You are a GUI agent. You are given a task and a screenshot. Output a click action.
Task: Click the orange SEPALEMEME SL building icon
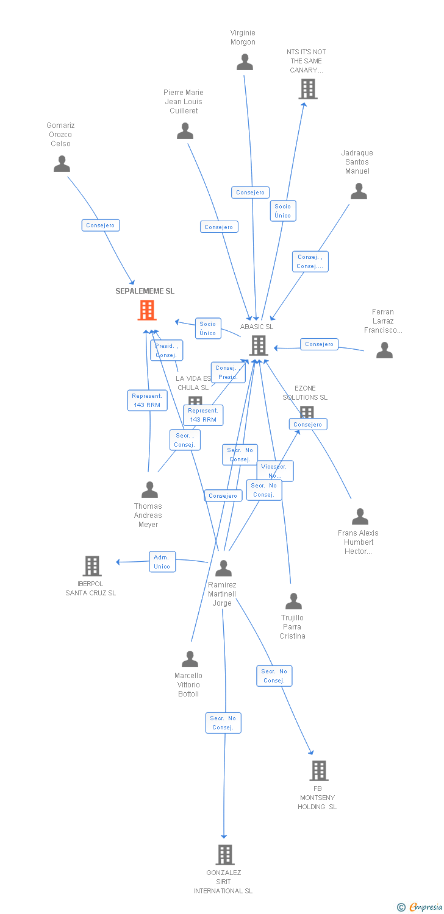(x=146, y=310)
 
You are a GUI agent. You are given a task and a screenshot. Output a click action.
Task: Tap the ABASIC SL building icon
(x=259, y=345)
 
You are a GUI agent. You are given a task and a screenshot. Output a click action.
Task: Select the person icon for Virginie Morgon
(x=245, y=62)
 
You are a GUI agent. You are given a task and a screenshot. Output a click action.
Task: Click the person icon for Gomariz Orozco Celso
(x=62, y=164)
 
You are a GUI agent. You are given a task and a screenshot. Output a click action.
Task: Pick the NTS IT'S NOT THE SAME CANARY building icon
(x=308, y=89)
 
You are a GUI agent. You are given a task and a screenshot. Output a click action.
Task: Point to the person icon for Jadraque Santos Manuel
(x=359, y=191)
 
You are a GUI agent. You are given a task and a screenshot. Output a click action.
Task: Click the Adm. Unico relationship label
(x=162, y=562)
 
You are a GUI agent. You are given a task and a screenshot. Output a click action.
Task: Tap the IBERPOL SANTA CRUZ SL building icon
(x=91, y=566)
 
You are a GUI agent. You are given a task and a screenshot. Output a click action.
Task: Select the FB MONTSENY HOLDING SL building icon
(x=318, y=771)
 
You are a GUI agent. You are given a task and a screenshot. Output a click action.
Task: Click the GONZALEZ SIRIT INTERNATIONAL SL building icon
(x=225, y=854)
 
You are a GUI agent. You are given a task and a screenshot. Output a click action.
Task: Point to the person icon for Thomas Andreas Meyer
(x=149, y=490)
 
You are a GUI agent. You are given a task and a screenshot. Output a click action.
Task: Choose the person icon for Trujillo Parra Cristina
(x=293, y=601)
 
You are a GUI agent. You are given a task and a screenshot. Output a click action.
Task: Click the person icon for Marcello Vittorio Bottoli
(x=190, y=659)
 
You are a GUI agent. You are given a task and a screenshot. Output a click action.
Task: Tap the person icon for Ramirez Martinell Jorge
(x=223, y=568)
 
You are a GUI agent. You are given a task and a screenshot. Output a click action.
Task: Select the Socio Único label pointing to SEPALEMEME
(x=208, y=328)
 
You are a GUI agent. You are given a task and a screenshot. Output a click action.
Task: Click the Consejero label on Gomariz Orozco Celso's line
(x=101, y=225)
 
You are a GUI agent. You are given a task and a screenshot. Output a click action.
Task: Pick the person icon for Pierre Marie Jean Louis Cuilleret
(x=185, y=131)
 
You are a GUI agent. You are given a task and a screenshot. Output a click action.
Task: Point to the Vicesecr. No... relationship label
(x=275, y=471)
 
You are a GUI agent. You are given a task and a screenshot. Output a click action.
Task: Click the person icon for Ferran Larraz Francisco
(x=384, y=350)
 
